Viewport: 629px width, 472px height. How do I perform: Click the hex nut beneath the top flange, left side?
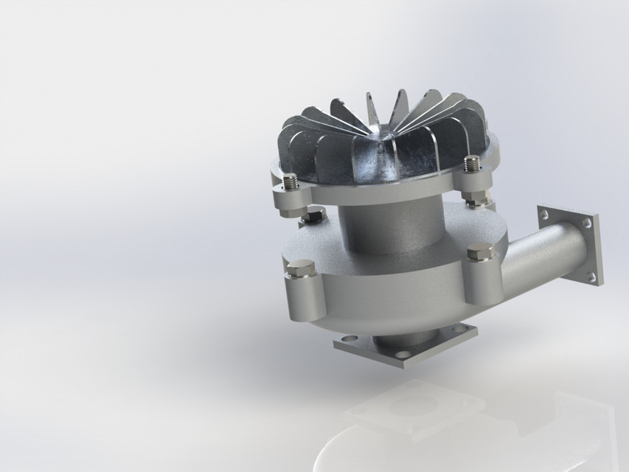point(313,215)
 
